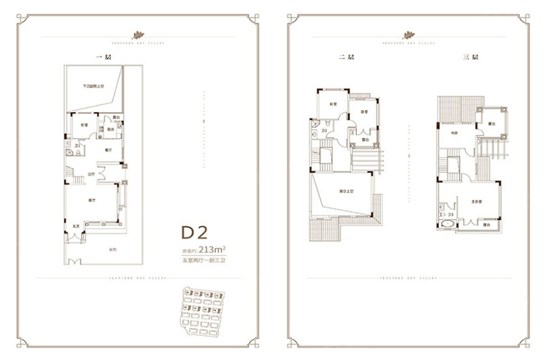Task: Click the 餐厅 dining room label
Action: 107,148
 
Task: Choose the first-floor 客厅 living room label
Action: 91,201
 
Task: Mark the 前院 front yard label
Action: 112,250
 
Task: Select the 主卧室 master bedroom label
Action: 474,202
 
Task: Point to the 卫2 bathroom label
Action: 325,129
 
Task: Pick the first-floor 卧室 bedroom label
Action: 83,126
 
